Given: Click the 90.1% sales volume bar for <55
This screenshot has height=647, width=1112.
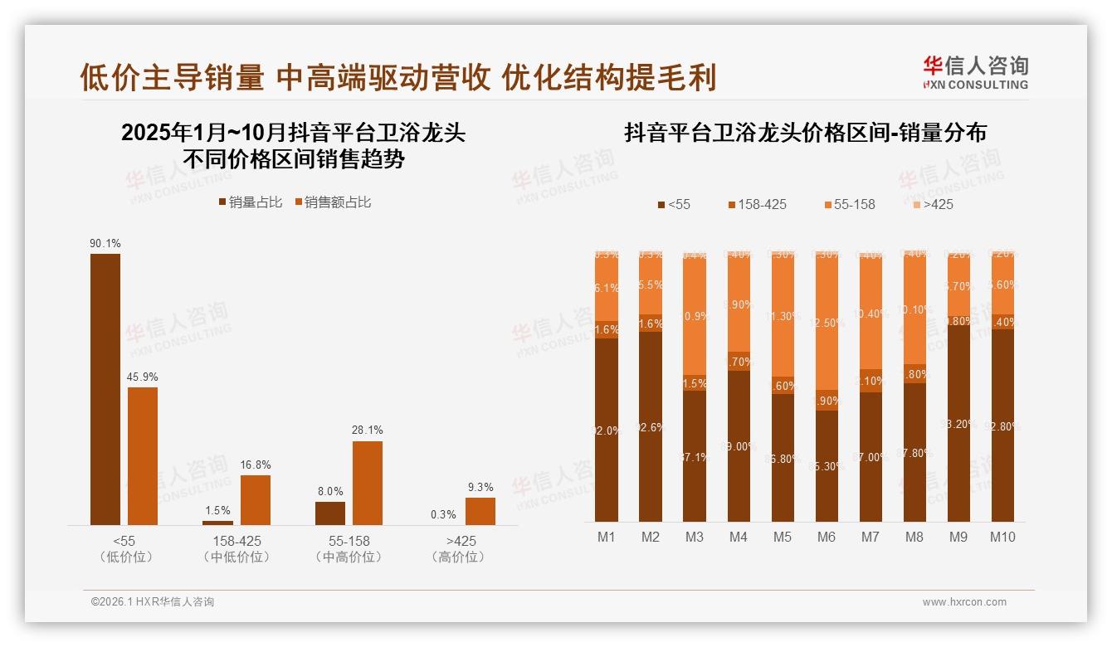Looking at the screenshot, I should pos(105,389).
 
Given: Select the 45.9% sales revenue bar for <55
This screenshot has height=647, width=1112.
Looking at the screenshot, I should pos(143,455).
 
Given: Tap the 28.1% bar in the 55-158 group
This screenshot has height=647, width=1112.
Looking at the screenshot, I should pos(368,483).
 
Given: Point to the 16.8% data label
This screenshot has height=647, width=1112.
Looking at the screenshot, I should pos(255,465).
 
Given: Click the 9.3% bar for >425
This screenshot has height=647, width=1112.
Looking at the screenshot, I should pos(480,511).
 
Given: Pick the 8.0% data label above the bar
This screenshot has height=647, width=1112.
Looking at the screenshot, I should pos(329,491).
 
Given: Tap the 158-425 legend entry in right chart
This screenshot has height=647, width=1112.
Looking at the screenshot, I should pos(757,204).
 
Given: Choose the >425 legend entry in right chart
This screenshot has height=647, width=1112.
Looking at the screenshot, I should pos(933,204).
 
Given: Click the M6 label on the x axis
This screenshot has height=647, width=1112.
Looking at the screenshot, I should pos(826,537).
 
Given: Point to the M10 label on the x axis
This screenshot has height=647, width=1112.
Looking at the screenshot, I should pos(1002,537).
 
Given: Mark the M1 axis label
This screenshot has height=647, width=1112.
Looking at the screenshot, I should pos(607,537).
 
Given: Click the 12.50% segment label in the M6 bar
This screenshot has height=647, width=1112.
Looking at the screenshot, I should pos(827,323).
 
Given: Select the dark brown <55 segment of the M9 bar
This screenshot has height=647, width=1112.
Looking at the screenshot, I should pos(958,423).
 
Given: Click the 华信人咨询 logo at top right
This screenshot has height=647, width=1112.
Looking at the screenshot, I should pos(975,72).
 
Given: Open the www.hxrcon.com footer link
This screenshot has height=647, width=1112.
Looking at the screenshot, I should pos(964,602).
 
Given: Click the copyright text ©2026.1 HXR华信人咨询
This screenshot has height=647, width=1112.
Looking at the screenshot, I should pos(153,602).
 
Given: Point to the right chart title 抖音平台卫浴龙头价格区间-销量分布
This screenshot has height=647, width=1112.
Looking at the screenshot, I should pos(805,133).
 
